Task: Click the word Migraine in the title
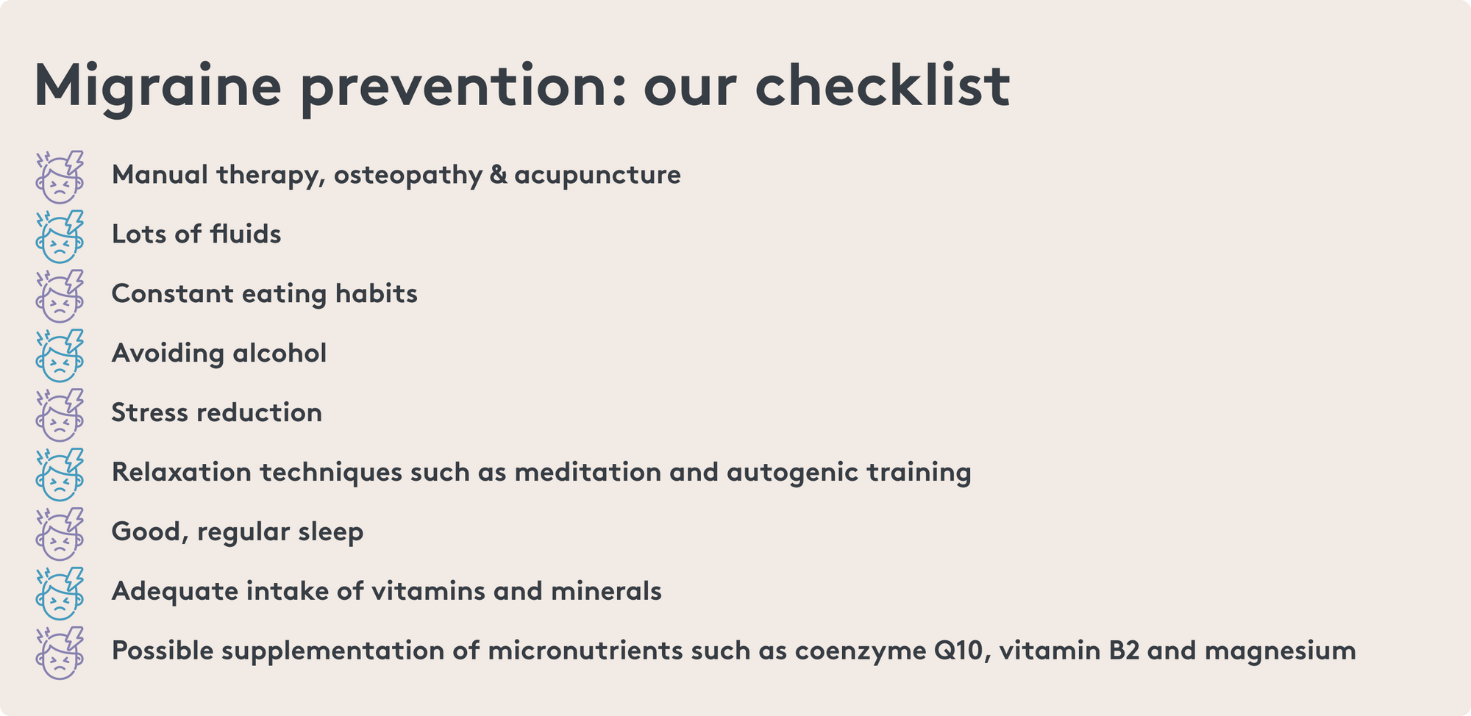157,87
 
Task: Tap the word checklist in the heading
883,85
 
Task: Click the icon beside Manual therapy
60,176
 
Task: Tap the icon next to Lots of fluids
60,236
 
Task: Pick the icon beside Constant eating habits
60,296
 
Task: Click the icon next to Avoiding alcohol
60,355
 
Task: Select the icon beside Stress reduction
60,415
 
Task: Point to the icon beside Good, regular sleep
60,534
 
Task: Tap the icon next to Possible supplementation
60,653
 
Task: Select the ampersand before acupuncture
498,175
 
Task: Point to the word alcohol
279,353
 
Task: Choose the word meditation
588,472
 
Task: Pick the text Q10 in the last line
959,651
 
